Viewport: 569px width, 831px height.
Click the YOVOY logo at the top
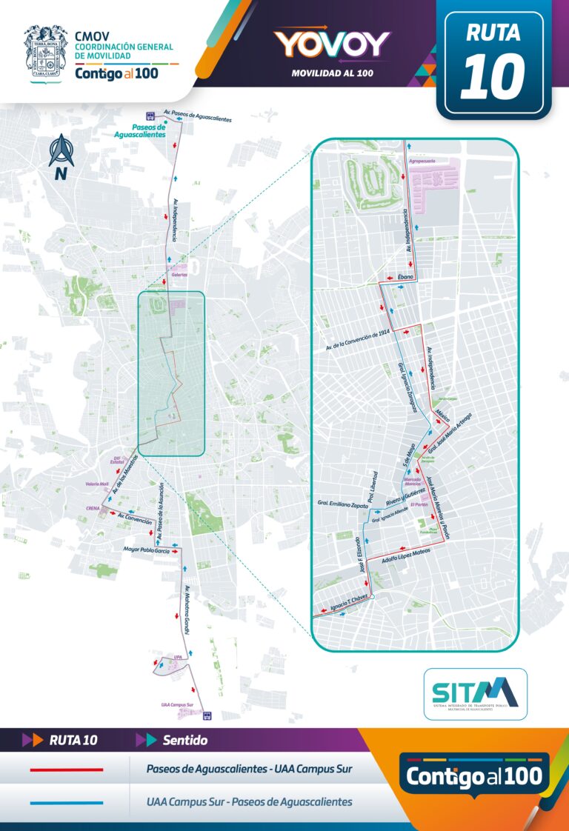click(x=331, y=44)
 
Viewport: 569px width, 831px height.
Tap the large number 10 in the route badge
click(x=493, y=76)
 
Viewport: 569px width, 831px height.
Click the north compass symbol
click(x=61, y=156)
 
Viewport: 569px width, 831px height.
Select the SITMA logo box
click(x=475, y=694)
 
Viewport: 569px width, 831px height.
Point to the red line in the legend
click(x=66, y=770)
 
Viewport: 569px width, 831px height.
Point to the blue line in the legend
click(x=66, y=802)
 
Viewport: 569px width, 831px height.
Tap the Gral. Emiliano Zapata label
click(x=337, y=505)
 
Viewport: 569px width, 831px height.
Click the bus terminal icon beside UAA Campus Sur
click(x=208, y=716)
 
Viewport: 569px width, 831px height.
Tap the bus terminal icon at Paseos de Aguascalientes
click(x=150, y=116)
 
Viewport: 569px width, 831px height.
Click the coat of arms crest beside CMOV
click(x=46, y=52)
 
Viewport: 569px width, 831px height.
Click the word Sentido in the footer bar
click(x=184, y=740)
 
